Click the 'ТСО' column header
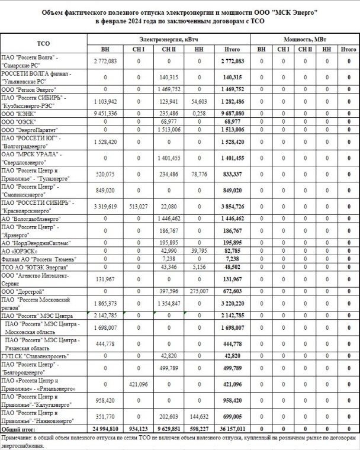coord(43,43)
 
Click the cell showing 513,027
coord(139,207)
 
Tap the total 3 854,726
coord(228,207)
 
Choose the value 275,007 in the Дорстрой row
coord(199,291)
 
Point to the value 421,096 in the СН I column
coord(139,384)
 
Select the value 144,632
coord(199,416)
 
